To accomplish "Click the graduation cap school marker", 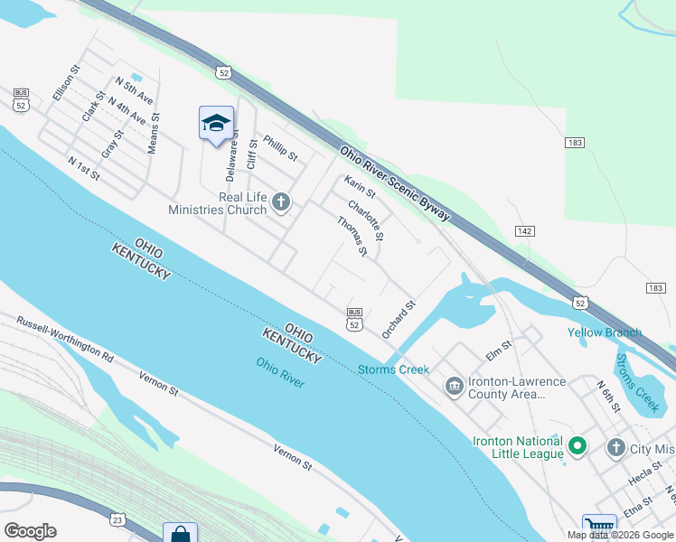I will [x=216, y=123].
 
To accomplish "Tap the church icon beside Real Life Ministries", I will [x=281, y=202].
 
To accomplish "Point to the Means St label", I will [x=154, y=132].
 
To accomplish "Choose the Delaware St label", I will [x=232, y=151].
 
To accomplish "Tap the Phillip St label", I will [x=280, y=147].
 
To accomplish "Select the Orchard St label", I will [x=398, y=319].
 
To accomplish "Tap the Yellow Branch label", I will [x=605, y=332].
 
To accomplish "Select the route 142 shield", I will [x=523, y=231].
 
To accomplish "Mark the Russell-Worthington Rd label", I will [x=65, y=340].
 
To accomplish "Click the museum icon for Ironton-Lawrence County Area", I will [x=454, y=387].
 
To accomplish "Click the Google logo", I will [x=30, y=531].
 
